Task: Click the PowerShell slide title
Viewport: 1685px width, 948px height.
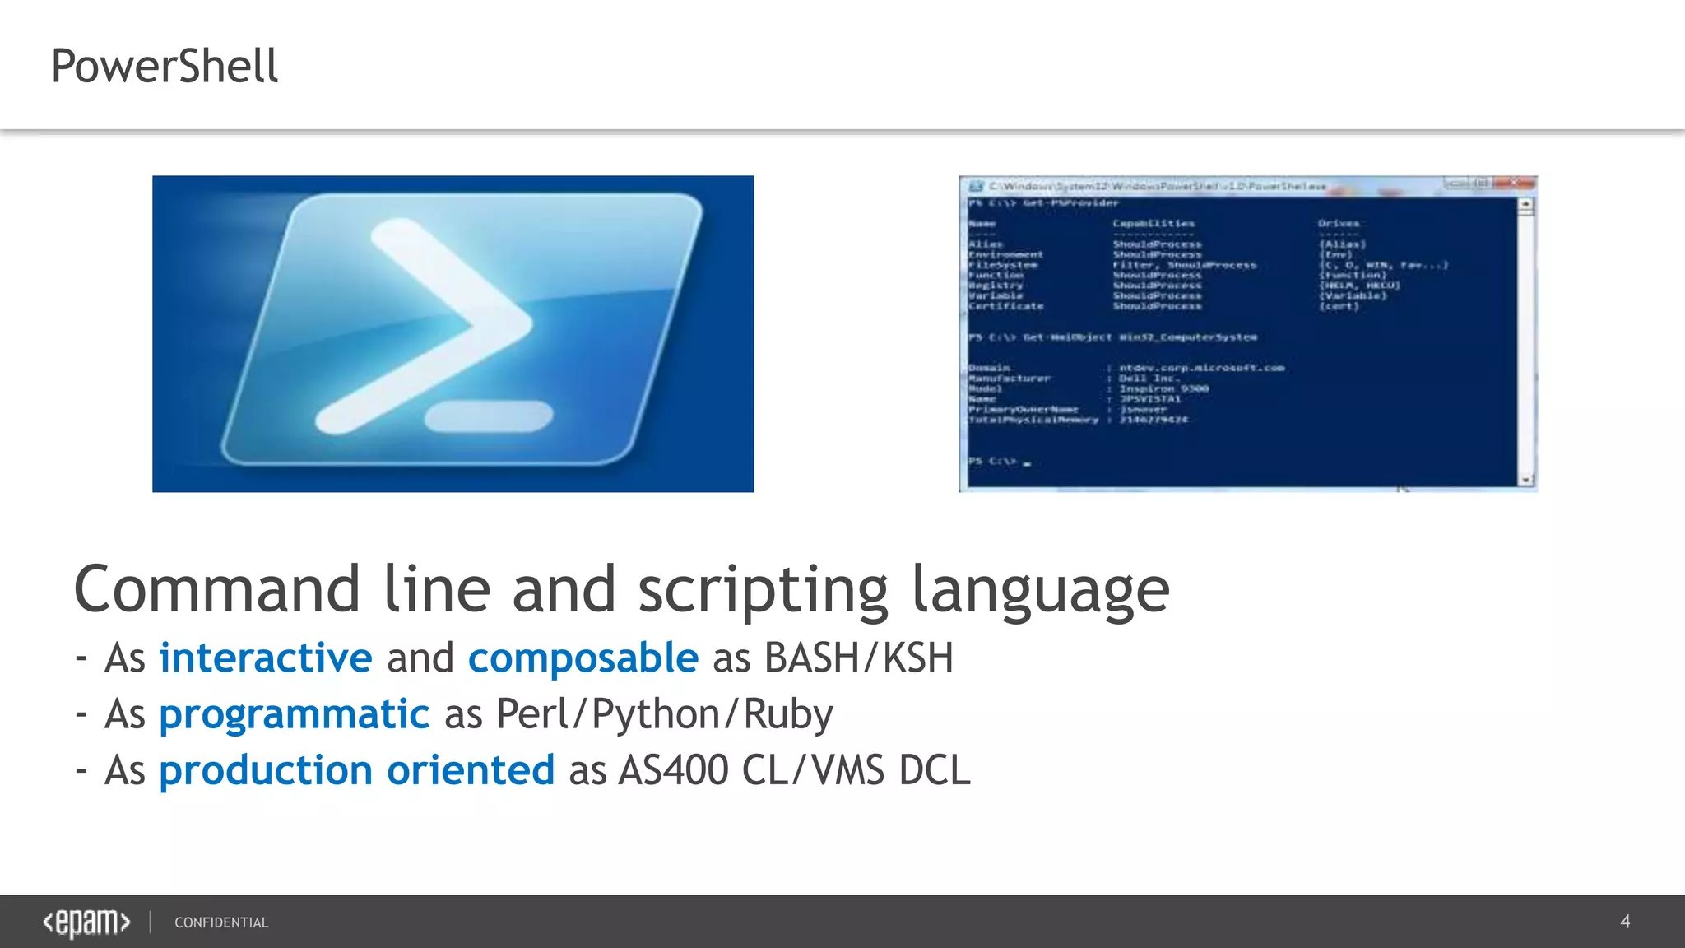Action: [x=165, y=66]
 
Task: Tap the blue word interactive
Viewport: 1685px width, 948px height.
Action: [x=265, y=658]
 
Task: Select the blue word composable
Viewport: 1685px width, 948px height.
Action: [x=583, y=658]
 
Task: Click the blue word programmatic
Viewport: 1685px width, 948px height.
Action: [x=294, y=713]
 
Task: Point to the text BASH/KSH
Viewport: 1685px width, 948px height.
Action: [x=858, y=658]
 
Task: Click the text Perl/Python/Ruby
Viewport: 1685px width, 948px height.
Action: [x=665, y=713]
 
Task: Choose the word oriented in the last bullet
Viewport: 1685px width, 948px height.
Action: [x=471, y=770]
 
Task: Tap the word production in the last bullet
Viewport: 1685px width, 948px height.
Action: [x=265, y=770]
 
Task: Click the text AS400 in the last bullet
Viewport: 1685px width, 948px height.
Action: [x=673, y=770]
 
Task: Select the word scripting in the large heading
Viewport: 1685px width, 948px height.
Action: [x=763, y=589]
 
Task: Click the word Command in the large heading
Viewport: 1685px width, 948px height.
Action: [x=217, y=589]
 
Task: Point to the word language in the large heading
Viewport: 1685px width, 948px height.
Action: [x=1040, y=589]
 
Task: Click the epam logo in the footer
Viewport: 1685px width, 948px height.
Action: [x=86, y=922]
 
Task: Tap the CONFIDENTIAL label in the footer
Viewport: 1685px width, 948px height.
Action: [x=221, y=922]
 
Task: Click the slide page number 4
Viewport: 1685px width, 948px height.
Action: [x=1625, y=922]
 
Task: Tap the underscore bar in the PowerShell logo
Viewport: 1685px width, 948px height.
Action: [x=489, y=416]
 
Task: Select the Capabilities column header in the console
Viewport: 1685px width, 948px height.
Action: [x=1154, y=223]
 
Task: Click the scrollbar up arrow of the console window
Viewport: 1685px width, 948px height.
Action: [x=1526, y=203]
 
